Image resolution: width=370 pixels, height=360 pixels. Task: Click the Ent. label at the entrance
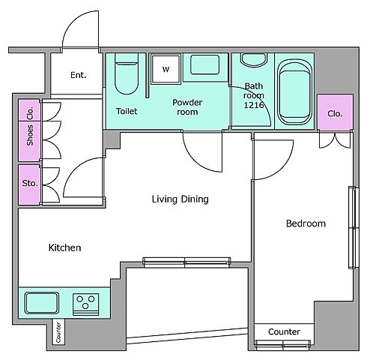click(x=79, y=75)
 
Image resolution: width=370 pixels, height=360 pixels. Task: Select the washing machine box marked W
click(x=166, y=69)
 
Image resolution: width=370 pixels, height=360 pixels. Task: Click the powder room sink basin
click(x=205, y=64)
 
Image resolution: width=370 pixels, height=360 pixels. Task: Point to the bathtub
click(x=294, y=92)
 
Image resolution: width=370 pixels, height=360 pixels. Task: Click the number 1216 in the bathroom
click(x=254, y=105)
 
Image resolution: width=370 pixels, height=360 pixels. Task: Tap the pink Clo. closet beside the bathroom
click(x=335, y=112)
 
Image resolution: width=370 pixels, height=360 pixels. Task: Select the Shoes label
click(x=30, y=136)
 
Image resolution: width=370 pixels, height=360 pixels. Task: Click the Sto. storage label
click(x=30, y=183)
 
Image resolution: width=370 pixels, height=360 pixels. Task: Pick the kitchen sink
click(x=42, y=303)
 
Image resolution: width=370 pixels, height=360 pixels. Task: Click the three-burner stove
click(x=85, y=304)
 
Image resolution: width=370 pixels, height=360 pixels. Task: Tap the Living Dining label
click(x=181, y=199)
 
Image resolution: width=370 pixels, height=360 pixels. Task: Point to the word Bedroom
click(x=306, y=223)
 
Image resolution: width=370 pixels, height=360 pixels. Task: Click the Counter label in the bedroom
click(x=284, y=331)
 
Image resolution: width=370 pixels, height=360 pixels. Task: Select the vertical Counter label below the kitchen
click(x=58, y=332)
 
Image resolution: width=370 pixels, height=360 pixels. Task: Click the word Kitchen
click(x=64, y=247)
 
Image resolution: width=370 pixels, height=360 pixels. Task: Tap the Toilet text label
click(x=127, y=111)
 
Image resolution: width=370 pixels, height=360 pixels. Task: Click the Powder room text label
click(x=187, y=107)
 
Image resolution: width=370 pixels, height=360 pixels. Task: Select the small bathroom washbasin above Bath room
click(x=254, y=60)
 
